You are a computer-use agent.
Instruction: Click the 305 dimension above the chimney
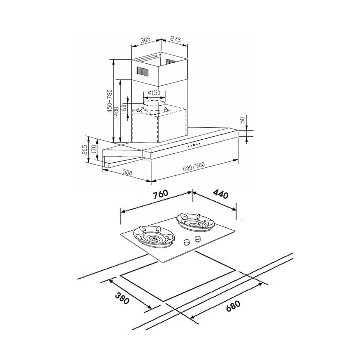point(145,40)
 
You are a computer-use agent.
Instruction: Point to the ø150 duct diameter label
point(154,93)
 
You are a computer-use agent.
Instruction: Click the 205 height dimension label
point(84,150)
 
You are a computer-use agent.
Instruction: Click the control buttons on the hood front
point(194,145)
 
